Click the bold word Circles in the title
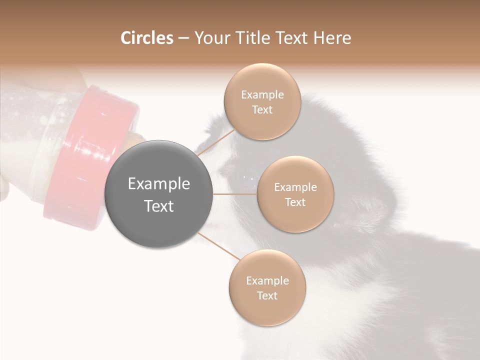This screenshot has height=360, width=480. (x=146, y=38)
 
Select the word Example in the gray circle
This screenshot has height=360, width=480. (x=158, y=184)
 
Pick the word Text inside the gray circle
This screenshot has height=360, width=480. (x=158, y=206)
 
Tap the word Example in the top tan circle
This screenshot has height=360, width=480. (x=262, y=95)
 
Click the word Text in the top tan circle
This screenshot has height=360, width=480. (x=262, y=110)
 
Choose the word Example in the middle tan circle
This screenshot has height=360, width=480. (x=295, y=187)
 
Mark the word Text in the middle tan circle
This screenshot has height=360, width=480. (x=295, y=202)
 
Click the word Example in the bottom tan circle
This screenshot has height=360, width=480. (x=267, y=281)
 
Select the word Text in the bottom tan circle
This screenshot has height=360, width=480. (x=267, y=296)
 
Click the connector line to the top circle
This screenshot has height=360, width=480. (x=216, y=142)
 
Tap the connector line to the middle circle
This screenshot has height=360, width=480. (x=234, y=194)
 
